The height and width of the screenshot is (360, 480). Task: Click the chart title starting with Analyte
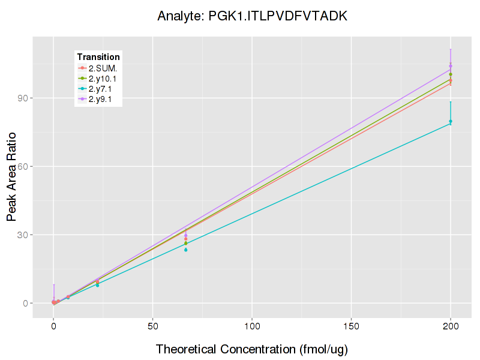click(252, 16)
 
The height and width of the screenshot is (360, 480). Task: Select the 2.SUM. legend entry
click(103, 67)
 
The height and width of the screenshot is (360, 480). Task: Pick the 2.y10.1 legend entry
click(103, 78)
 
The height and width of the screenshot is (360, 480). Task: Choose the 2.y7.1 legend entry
click(101, 89)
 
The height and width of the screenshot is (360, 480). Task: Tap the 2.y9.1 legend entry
click(101, 100)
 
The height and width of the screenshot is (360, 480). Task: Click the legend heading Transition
click(98, 56)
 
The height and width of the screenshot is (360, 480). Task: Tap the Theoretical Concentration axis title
click(252, 349)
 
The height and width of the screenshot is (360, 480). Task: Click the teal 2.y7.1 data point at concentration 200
click(451, 121)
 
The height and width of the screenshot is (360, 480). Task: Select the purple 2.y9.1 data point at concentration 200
click(451, 66)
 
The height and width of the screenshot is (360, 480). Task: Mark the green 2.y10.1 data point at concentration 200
click(451, 74)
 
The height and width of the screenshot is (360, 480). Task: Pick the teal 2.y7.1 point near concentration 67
click(186, 250)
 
